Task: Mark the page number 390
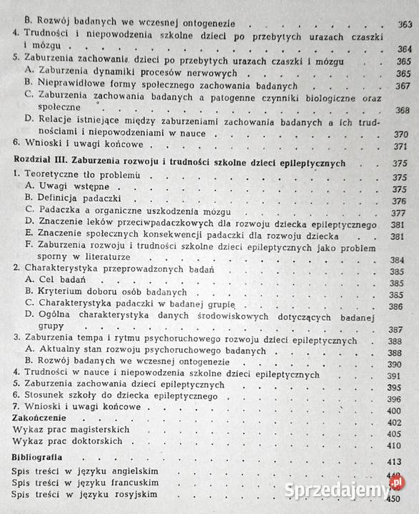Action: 404,362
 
